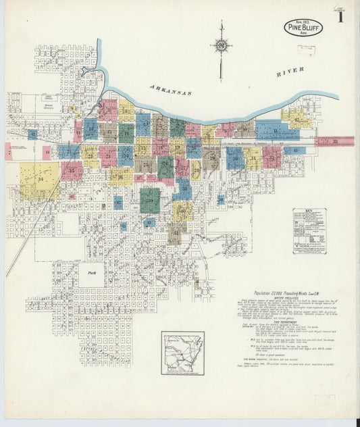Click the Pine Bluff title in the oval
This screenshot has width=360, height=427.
[x=303, y=28]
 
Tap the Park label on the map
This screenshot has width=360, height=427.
[x=91, y=274]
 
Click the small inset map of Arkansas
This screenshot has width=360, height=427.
[x=182, y=352]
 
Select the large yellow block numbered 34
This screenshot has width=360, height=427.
[x=38, y=181]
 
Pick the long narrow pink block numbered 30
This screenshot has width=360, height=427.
[x=334, y=141]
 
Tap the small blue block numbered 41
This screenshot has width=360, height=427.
[x=294, y=150]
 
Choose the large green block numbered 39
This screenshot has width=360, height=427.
[x=150, y=200]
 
